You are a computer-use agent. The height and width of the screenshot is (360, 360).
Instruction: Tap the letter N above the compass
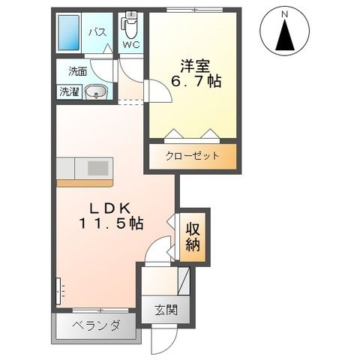click(285, 13)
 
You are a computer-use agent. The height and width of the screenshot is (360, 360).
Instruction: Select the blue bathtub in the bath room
click(70, 32)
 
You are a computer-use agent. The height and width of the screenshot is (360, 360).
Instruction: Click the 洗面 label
click(77, 72)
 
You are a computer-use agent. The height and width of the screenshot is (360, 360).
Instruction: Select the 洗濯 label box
click(69, 93)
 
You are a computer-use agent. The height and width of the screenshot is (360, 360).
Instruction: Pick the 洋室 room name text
click(191, 64)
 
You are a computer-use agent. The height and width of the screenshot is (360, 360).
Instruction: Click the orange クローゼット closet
click(192, 157)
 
